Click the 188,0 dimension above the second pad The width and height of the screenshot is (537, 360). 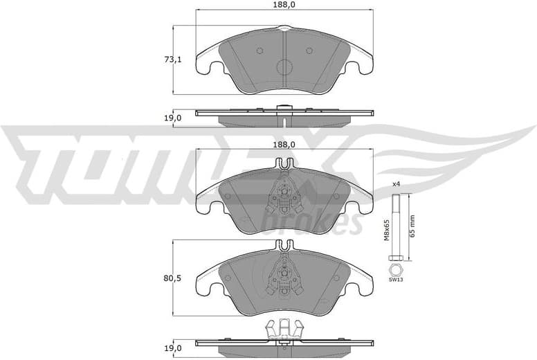(285, 144)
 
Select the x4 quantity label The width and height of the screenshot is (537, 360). (397, 183)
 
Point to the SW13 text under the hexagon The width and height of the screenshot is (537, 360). (395, 280)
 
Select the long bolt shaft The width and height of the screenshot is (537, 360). (396, 225)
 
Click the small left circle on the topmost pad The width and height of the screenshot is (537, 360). (260, 51)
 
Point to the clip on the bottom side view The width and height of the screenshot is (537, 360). (285, 331)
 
